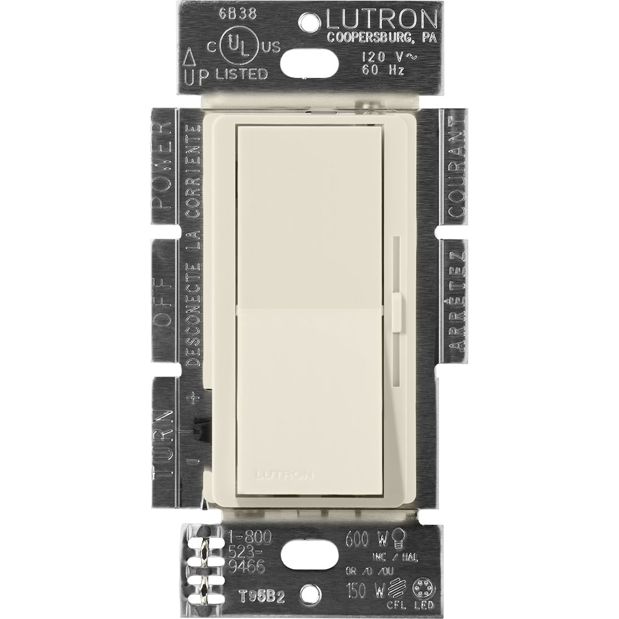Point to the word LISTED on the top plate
(241, 74)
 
